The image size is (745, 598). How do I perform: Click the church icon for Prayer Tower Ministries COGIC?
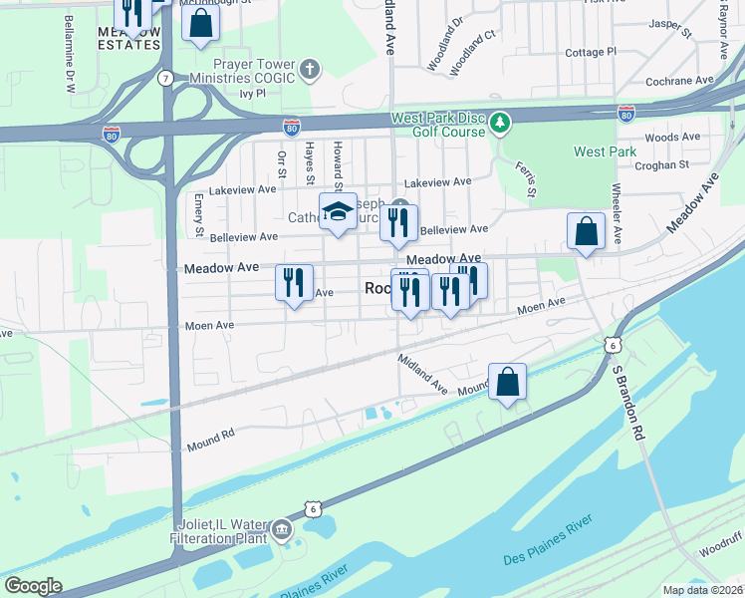[x=311, y=70]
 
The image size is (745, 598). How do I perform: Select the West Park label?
[x=605, y=151]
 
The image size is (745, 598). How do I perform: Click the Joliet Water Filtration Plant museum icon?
[x=283, y=528]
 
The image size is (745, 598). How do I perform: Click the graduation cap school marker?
[x=338, y=211]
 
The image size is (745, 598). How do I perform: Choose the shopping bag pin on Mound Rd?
[x=507, y=382]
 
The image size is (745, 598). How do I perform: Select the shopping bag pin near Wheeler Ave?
[x=586, y=231]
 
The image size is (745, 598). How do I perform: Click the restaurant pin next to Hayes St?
[x=294, y=282]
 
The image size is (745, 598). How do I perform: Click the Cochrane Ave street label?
[x=679, y=81]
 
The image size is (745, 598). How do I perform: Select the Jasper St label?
[x=669, y=27]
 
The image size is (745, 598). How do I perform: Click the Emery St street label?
[x=199, y=216]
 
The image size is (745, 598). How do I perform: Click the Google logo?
[x=33, y=585]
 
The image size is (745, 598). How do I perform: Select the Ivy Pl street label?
[x=254, y=93]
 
